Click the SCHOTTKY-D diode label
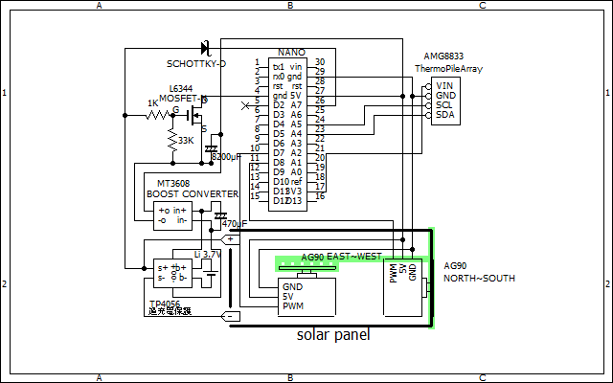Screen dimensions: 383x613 tap(196, 63)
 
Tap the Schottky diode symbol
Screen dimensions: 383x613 tap(204, 47)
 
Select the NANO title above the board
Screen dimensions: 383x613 tap(291, 52)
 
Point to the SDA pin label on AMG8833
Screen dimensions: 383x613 tap(445, 115)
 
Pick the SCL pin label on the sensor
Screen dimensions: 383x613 tap(445, 105)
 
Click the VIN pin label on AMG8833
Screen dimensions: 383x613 tap(444, 85)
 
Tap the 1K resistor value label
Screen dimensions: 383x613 tap(152, 103)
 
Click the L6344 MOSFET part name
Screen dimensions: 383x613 tap(182, 88)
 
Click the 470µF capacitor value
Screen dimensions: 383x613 tap(235, 224)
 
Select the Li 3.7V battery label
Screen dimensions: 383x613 tap(207, 255)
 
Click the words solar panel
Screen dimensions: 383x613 tap(332, 336)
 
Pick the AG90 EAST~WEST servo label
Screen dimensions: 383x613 tap(341, 257)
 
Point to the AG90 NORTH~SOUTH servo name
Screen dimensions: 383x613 tap(479, 271)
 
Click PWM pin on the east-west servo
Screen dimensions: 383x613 tap(293, 306)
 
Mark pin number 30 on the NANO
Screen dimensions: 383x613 tap(319, 62)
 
